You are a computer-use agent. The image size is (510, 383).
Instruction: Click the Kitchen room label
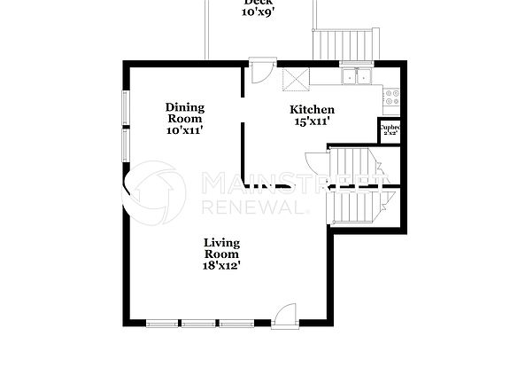click(313, 110)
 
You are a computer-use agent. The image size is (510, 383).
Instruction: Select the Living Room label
click(221, 247)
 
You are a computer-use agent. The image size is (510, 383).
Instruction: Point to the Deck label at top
click(258, 3)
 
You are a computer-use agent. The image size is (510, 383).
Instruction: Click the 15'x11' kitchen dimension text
click(313, 122)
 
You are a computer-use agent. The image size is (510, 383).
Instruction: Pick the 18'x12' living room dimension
click(221, 264)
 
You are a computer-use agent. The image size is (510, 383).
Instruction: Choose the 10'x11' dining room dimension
click(184, 130)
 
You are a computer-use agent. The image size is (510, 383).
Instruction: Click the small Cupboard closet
click(390, 130)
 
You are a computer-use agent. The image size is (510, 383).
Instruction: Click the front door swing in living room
click(285, 315)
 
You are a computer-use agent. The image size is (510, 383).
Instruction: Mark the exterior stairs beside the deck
click(344, 43)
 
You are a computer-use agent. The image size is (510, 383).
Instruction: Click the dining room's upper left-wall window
click(126, 106)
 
